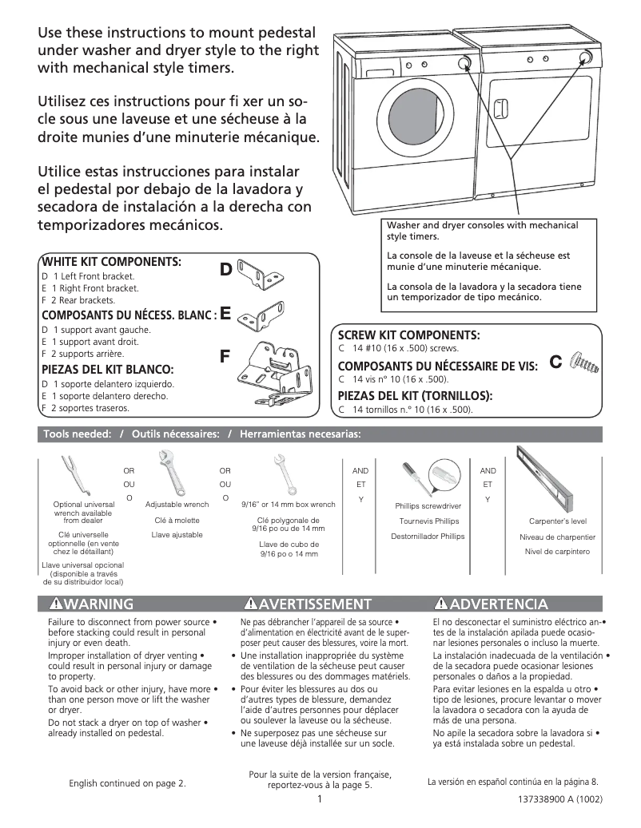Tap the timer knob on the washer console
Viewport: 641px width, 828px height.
tap(463, 63)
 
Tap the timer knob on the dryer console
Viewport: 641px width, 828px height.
tap(586, 57)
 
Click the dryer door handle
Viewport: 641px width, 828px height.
tap(500, 109)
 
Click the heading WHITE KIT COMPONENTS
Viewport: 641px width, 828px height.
tap(111, 262)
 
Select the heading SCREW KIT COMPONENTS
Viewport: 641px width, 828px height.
tap(408, 335)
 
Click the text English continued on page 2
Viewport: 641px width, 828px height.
tap(128, 783)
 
